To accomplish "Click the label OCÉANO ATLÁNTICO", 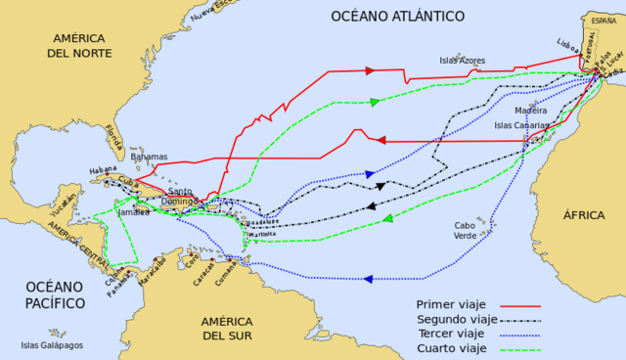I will click(x=396, y=16).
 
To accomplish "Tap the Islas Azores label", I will click(x=463, y=60).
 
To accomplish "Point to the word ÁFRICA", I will click(x=584, y=214).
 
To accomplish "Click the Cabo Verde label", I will click(x=466, y=231).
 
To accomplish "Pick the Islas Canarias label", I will click(x=522, y=125).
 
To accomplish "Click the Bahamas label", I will click(x=149, y=157).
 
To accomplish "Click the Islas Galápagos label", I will click(x=52, y=345).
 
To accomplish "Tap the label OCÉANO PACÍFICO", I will click(x=56, y=295).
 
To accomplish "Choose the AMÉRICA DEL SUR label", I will click(x=228, y=329).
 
